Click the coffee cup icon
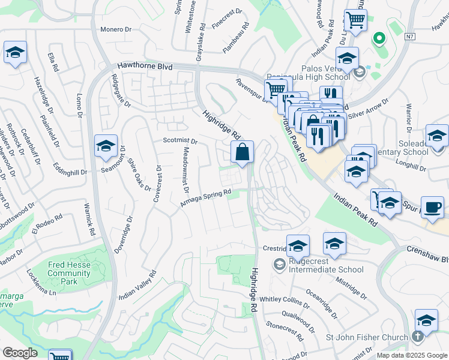pyautogui.click(x=432, y=208)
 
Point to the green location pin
pyautogui.click(x=379, y=39)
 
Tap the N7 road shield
pyautogui.click(x=409, y=37)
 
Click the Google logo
pyautogui.click(x=20, y=352)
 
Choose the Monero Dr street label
pyautogui.click(x=116, y=29)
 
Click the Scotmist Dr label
pyautogui.click(x=180, y=140)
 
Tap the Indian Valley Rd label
pyautogui.click(x=137, y=285)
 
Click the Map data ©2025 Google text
pyautogui.click(x=411, y=355)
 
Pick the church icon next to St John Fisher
pyautogui.click(x=418, y=338)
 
